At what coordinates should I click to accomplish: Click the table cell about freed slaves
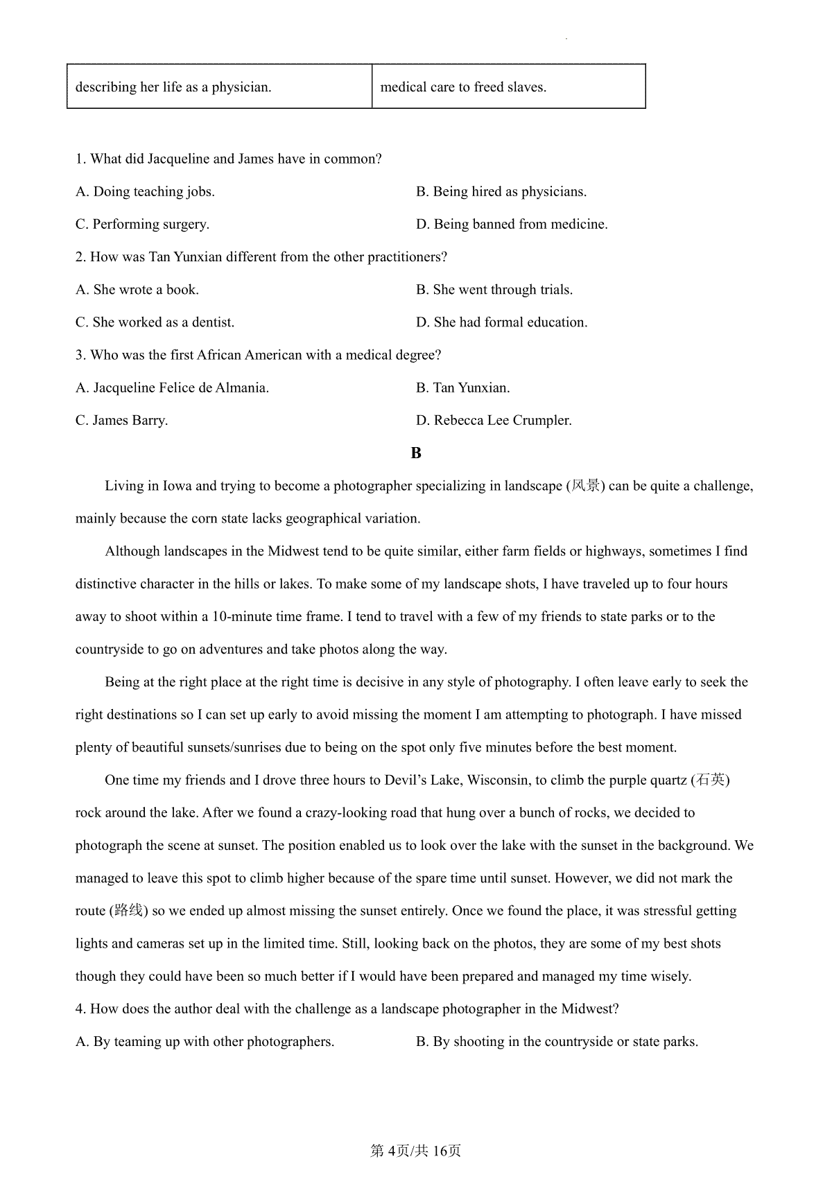(x=508, y=87)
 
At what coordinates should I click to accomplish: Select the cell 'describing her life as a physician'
(x=219, y=87)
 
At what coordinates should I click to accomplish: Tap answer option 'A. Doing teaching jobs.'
(x=145, y=191)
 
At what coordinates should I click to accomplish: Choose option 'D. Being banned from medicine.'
(x=511, y=224)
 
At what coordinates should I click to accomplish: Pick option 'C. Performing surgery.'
(x=142, y=224)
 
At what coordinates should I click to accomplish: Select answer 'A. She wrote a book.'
(x=137, y=290)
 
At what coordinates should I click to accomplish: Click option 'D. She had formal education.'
(x=501, y=322)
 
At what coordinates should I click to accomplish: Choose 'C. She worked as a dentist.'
(x=155, y=322)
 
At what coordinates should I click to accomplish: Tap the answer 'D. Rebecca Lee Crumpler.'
(x=494, y=420)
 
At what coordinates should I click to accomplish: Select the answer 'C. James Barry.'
(x=121, y=420)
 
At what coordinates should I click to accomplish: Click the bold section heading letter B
(x=416, y=453)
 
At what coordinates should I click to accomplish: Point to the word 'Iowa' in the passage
(x=177, y=486)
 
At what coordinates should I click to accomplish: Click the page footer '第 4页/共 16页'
(x=416, y=1151)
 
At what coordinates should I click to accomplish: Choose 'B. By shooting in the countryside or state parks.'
(x=557, y=1041)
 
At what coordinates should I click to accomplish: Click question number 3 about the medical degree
(x=80, y=355)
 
